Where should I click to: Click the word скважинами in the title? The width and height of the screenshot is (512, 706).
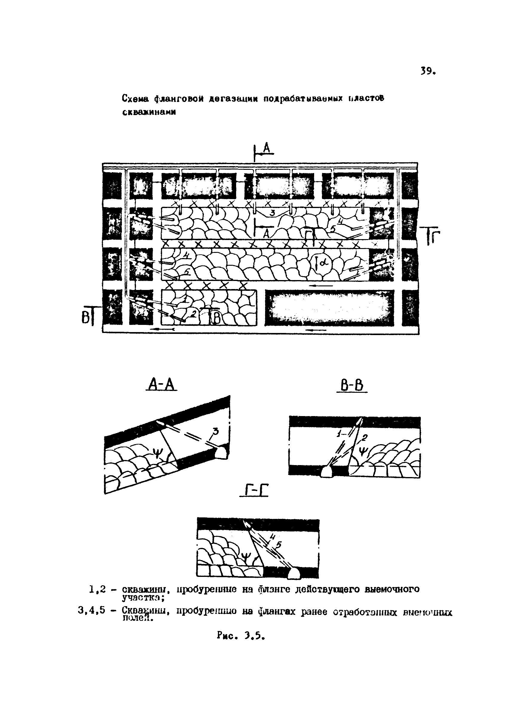point(149,112)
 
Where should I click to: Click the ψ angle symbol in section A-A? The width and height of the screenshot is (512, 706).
point(158,455)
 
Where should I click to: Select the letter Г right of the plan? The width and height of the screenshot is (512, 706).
point(434,237)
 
